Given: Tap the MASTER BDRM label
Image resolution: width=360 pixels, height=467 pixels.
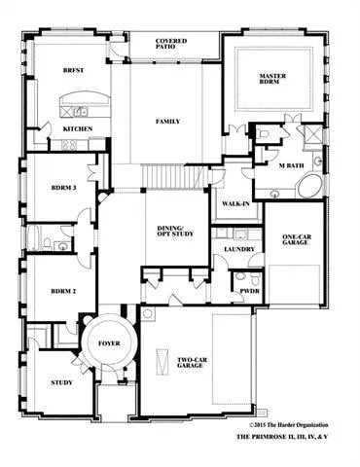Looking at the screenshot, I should click(x=271, y=79).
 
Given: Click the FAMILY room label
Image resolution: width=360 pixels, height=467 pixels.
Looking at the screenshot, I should click(x=169, y=122).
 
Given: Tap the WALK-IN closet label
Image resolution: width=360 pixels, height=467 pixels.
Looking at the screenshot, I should click(x=232, y=205).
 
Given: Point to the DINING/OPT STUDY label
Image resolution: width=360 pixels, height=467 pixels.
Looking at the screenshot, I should click(x=176, y=232).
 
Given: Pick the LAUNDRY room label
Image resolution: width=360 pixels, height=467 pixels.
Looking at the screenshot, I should click(x=238, y=250).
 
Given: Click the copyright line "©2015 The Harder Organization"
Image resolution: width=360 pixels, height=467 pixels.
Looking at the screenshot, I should click(x=288, y=425).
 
